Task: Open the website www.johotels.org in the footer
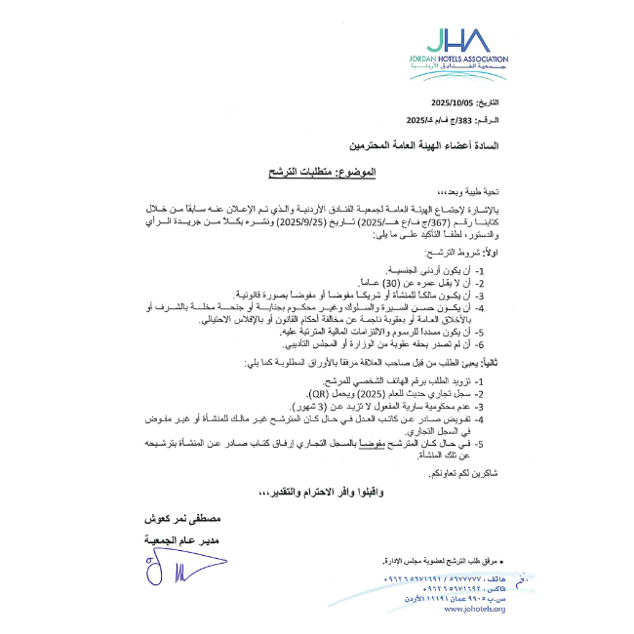(474, 610)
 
